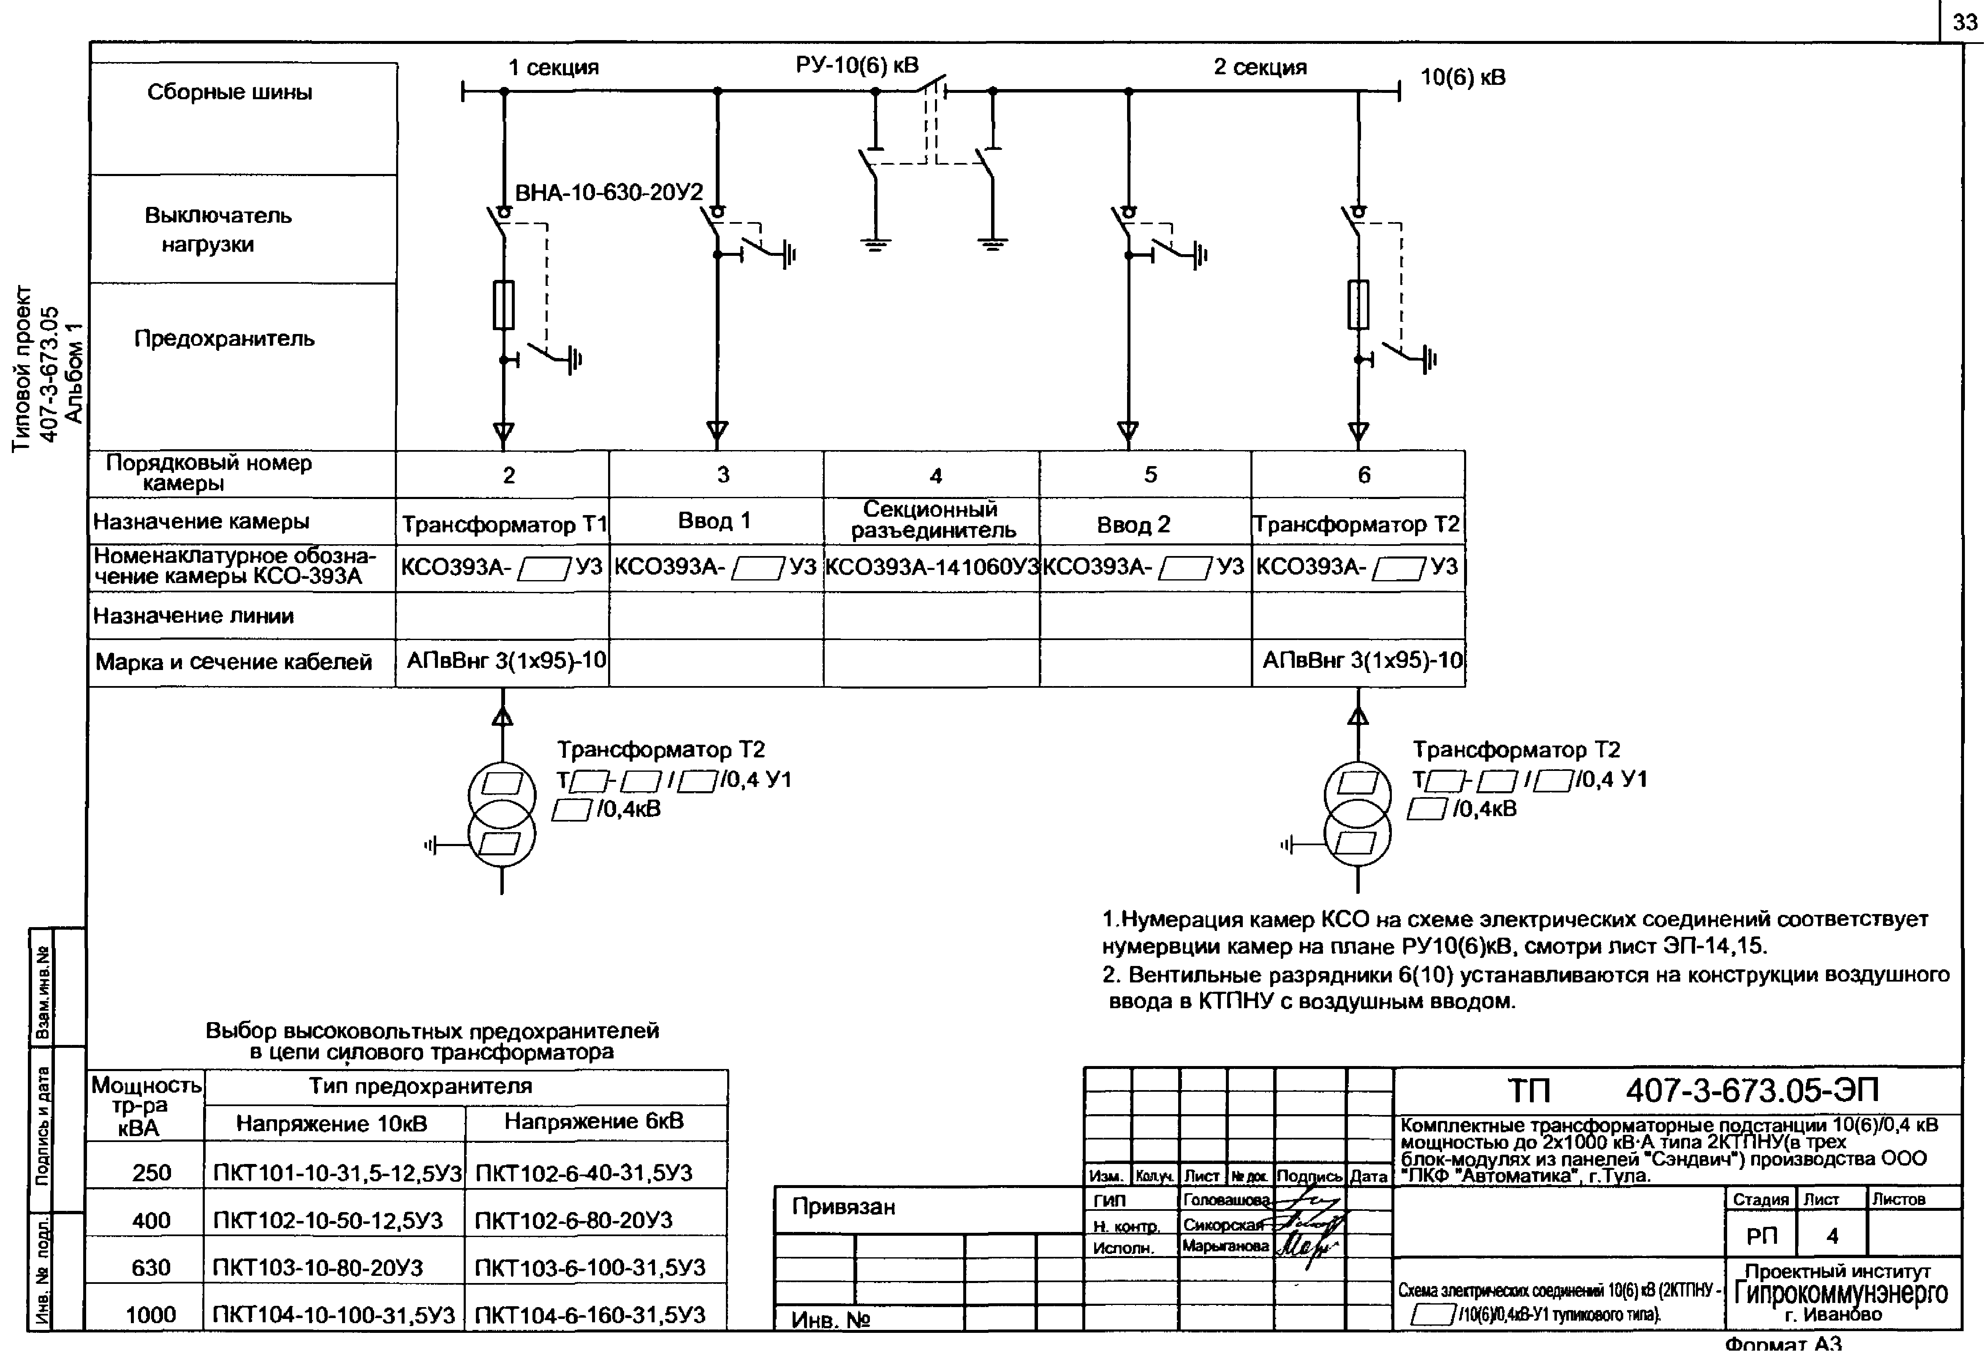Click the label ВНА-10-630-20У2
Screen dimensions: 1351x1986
[609, 192]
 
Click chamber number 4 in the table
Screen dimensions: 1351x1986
[936, 475]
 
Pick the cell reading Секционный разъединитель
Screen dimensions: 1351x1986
[932, 520]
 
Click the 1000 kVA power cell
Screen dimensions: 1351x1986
[151, 1314]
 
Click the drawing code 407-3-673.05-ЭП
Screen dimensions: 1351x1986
[1752, 1091]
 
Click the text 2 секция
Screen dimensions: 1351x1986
[1261, 67]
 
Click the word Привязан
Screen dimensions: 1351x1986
[843, 1207]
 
